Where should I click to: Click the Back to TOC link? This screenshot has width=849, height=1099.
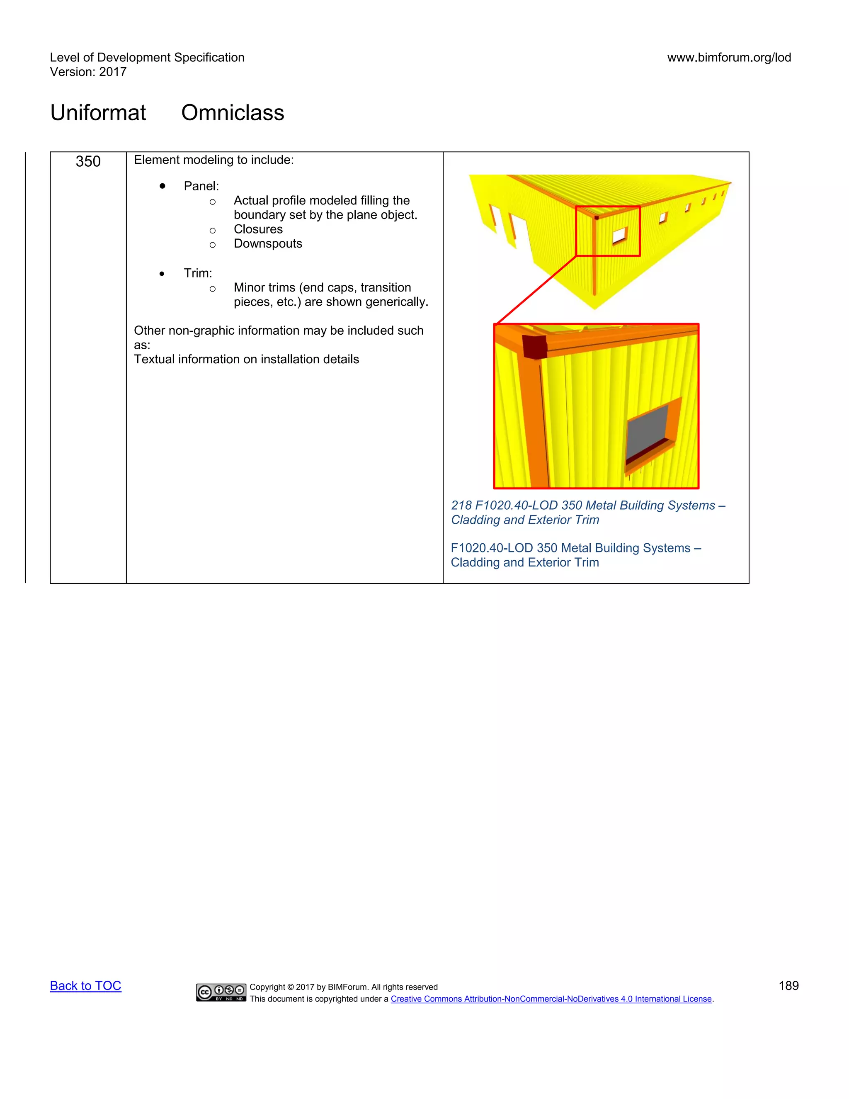pos(85,985)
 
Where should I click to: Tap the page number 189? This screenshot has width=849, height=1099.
pos(788,985)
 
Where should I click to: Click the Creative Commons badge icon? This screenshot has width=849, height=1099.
pos(221,992)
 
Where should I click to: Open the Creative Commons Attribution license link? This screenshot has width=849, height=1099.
pos(551,999)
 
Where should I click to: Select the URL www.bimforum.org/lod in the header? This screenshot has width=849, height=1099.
pos(729,57)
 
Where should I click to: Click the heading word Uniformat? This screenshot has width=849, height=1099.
pos(98,113)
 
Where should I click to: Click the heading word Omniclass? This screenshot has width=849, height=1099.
pos(233,113)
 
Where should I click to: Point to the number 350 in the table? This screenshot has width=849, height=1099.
pos(88,161)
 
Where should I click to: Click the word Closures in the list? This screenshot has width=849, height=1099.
pos(258,229)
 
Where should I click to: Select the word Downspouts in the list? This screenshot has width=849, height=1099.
pos(267,243)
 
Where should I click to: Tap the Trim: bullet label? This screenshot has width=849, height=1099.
pos(198,273)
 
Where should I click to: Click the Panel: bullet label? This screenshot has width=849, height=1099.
pos(201,186)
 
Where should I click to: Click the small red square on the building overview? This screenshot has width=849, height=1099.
pos(608,231)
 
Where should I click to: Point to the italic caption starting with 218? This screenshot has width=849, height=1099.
pos(587,512)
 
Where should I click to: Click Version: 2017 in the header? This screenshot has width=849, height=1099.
pos(88,72)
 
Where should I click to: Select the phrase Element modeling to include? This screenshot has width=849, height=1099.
pos(214,160)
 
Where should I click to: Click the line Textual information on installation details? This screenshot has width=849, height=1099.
pos(247,359)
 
